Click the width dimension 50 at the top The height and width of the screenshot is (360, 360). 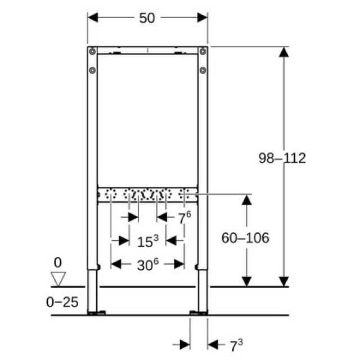pos(147,18)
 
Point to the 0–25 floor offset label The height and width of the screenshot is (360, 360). pos(62,302)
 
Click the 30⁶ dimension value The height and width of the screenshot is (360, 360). pos(147,263)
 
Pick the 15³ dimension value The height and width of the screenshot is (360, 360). pos(148,241)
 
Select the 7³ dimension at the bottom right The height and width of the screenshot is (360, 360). pos(236,344)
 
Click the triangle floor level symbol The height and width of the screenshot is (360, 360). pos(58,278)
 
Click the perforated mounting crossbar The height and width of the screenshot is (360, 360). pos(147,195)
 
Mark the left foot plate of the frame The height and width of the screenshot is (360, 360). pos(97,312)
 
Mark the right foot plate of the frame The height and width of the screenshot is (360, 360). pos(198,312)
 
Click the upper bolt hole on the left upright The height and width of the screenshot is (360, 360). pos(92,52)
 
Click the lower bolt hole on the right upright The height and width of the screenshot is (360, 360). pos(203,71)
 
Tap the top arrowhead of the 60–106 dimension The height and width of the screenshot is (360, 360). pos(246,200)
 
